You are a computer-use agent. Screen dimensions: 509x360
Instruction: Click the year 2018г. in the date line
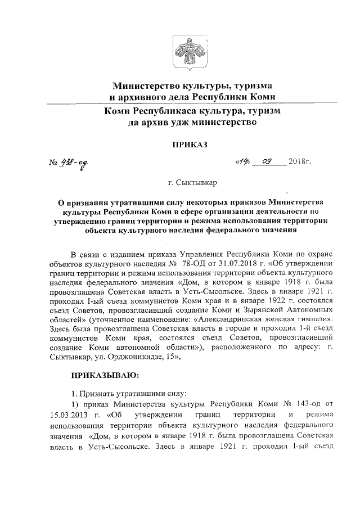click(x=299, y=162)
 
